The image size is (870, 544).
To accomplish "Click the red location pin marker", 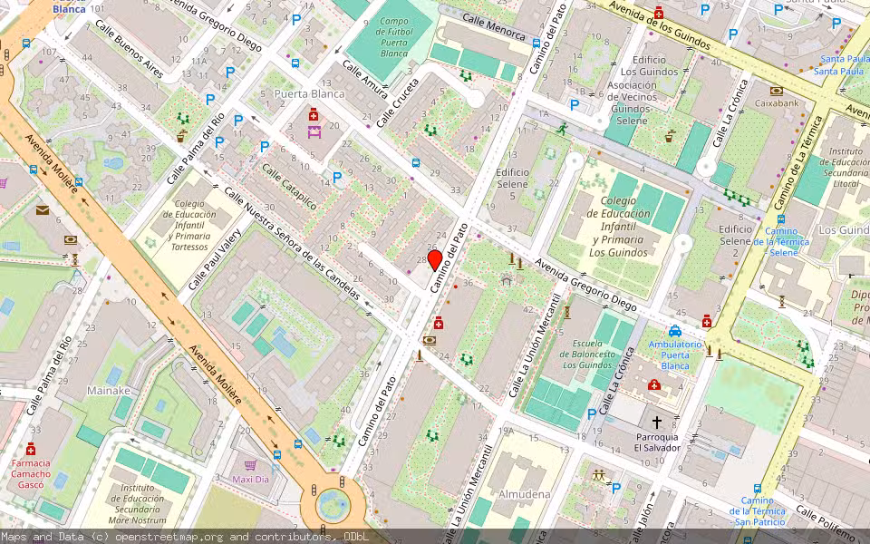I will [434, 260].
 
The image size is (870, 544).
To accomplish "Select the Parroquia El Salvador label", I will [658, 441].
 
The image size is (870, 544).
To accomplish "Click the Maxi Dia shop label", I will [251, 479].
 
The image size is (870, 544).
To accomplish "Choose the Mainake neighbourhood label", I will [109, 391].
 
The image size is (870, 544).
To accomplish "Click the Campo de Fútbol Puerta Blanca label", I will [393, 37].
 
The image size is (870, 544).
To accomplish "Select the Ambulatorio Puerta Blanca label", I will [675, 355].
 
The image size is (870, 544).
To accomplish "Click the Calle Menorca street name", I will [493, 27].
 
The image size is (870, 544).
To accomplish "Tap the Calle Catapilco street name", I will [289, 187].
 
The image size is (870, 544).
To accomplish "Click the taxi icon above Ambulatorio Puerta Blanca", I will [675, 331].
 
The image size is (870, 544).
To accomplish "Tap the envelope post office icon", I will [43, 210].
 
